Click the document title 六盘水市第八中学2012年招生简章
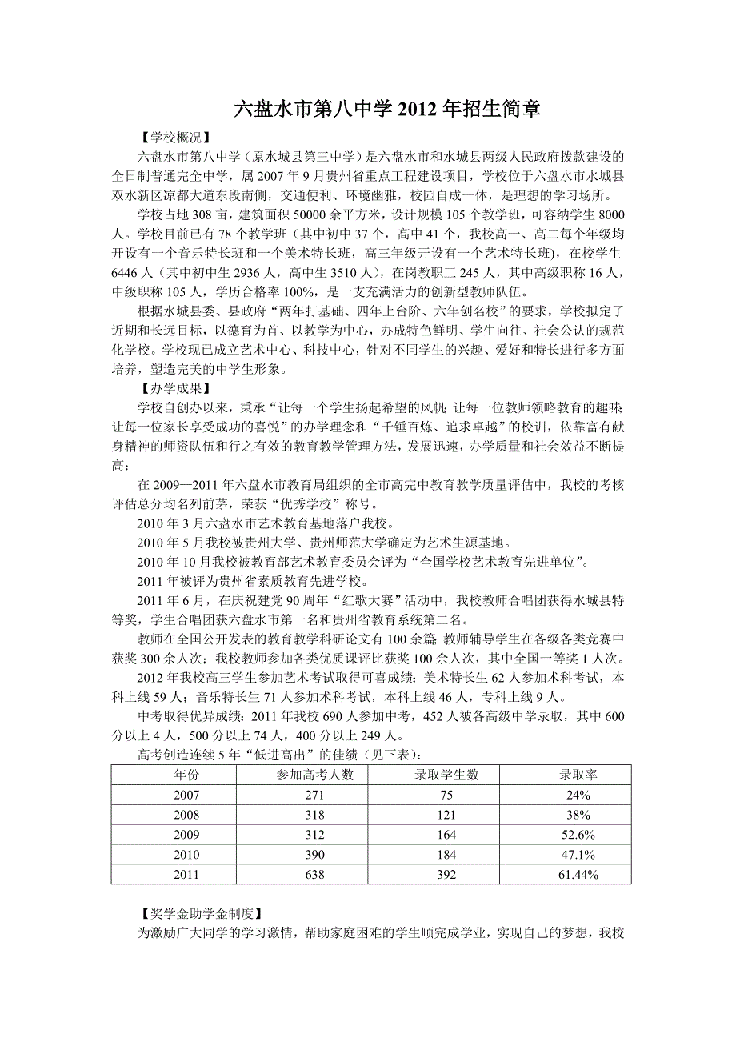pos(386,110)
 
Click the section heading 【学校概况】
pos(174,138)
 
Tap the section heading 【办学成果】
pos(174,389)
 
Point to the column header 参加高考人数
pos(314,775)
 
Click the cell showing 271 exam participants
pos(314,795)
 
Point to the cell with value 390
pos(314,855)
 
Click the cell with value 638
pos(314,875)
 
